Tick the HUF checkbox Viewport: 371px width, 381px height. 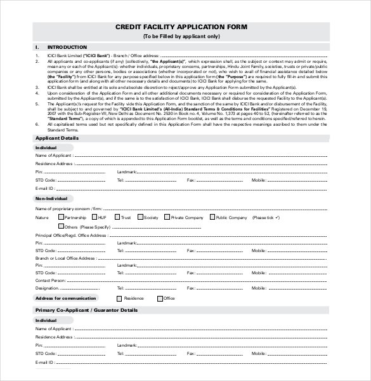pyautogui.click(x=94, y=217)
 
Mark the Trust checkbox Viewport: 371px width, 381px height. pyautogui.click(x=117, y=217)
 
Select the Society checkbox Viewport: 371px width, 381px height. pyautogui.click(x=141, y=217)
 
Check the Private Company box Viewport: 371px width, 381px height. pyautogui.click(x=167, y=217)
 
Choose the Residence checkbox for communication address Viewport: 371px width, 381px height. pyautogui.click(x=119, y=298)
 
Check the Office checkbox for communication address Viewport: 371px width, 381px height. pyautogui.click(x=159, y=298)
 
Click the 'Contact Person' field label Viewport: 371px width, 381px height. pyautogui.click(x=51, y=279)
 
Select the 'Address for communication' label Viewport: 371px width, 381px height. pyautogui.click(x=66, y=298)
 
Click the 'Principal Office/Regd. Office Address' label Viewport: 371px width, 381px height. pyautogui.click(x=71, y=235)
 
